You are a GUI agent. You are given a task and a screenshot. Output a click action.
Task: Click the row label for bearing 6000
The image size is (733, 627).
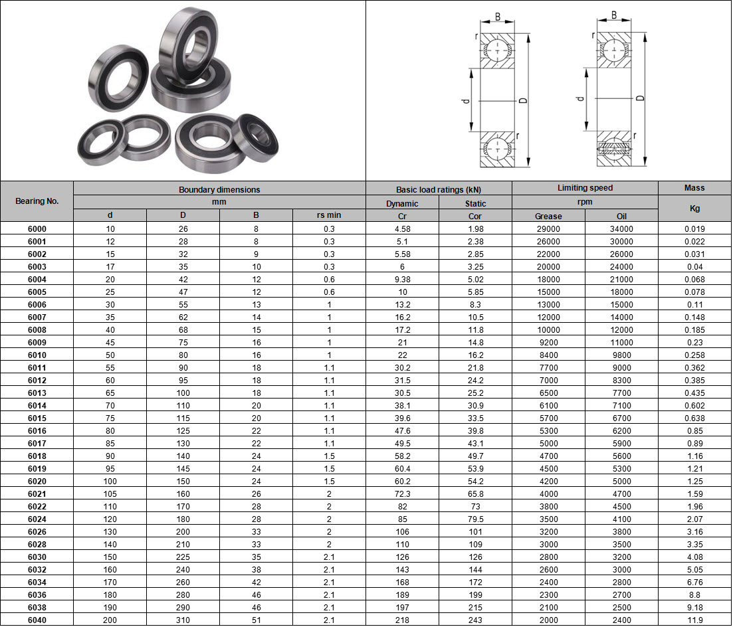point(37,229)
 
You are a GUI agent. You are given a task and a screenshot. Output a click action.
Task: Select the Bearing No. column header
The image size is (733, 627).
point(37,201)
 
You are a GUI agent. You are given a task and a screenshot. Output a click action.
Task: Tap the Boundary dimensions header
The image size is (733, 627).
point(219,190)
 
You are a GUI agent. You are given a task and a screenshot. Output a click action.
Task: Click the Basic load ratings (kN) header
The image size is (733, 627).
point(439,190)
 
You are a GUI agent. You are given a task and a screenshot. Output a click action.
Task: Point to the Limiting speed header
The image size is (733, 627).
point(585,189)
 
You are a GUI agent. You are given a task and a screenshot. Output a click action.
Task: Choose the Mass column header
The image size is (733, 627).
point(694,189)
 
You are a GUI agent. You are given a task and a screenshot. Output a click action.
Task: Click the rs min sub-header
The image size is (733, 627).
point(329,216)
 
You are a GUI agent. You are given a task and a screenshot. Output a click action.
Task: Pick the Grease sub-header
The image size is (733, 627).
point(548,217)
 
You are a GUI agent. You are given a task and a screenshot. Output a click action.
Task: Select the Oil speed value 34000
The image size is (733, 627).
point(621,229)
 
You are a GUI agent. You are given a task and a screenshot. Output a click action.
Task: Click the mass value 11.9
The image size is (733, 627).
point(694,620)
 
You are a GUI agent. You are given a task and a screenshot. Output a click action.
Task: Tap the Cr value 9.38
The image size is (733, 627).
point(402,280)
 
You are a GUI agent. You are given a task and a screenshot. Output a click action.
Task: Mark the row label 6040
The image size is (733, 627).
point(37,620)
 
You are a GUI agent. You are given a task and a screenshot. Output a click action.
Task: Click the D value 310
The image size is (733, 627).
point(183,620)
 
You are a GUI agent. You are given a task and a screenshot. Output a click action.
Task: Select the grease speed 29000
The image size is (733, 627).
point(548,229)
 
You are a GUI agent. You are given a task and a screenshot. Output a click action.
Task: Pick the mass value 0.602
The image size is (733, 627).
point(694,406)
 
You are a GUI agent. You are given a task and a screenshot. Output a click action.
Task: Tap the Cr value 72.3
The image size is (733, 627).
point(402,494)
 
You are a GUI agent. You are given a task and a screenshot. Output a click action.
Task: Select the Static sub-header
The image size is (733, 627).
point(475,204)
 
